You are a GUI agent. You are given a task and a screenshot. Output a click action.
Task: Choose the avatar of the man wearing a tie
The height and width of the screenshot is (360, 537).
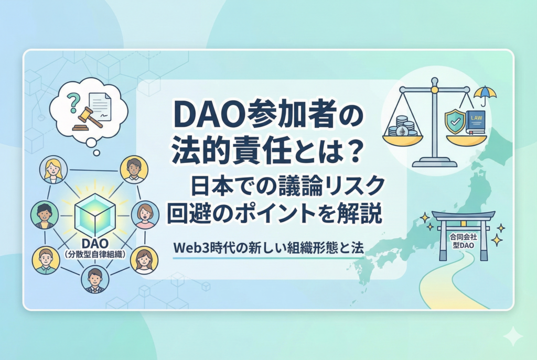coord(95,279)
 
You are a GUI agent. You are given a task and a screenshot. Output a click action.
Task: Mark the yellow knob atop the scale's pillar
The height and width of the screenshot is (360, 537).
coord(434,90)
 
